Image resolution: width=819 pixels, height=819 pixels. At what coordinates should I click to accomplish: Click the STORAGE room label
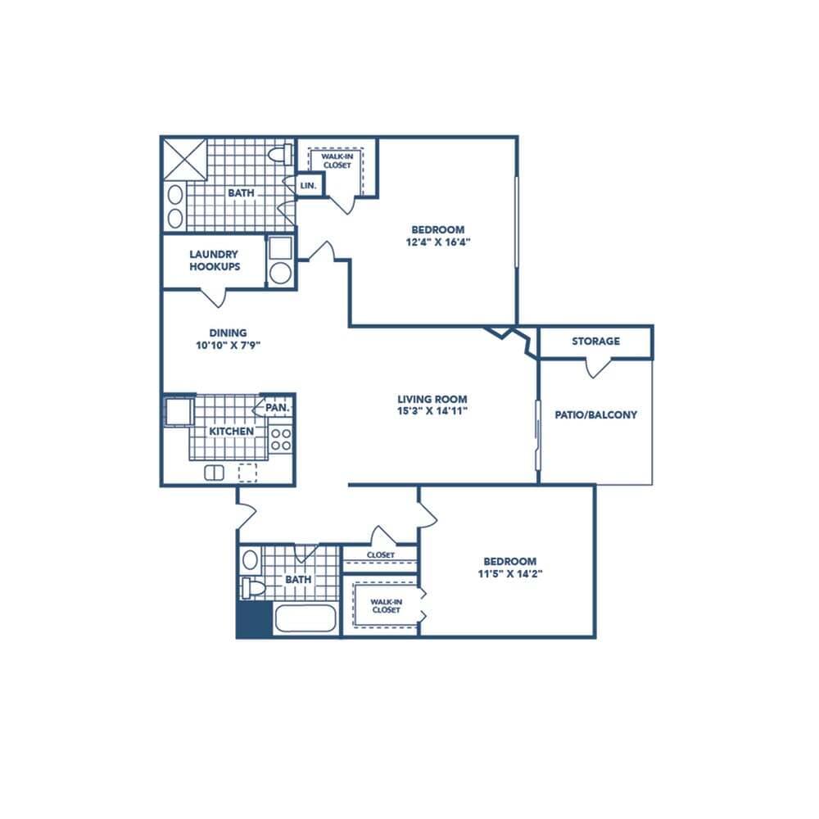coord(595,341)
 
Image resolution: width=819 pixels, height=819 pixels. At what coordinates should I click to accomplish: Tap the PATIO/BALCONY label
coord(595,414)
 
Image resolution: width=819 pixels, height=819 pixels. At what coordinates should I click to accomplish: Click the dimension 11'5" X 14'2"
coord(509,573)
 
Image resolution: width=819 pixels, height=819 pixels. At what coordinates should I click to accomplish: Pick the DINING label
coord(228,333)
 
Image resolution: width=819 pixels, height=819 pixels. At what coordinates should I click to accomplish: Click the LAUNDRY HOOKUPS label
coord(214,260)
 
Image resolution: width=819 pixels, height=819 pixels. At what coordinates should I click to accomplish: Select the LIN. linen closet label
coord(309,186)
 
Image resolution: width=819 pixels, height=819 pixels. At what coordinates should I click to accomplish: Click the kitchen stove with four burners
coord(281,439)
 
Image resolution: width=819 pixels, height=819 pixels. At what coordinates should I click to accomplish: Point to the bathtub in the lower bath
coord(305,618)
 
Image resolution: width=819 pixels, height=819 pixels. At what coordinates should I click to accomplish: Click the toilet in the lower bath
coord(252,586)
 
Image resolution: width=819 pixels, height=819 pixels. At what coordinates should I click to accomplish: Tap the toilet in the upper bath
coord(280,154)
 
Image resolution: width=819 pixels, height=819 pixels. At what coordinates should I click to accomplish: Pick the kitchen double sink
coord(215,472)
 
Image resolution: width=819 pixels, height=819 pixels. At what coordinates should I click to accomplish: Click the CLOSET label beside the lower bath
coord(381,554)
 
